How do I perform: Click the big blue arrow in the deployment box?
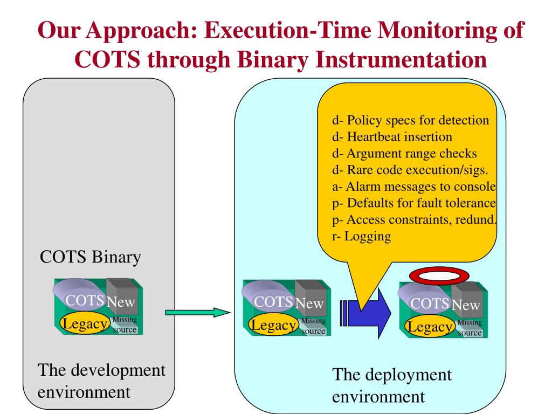tap(372, 315)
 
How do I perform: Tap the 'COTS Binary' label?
tap(91, 257)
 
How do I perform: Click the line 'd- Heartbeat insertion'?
tap(392, 137)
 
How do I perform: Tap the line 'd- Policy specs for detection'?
tap(410, 120)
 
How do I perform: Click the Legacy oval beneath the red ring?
tap(430, 327)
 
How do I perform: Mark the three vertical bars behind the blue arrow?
tap(343, 315)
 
